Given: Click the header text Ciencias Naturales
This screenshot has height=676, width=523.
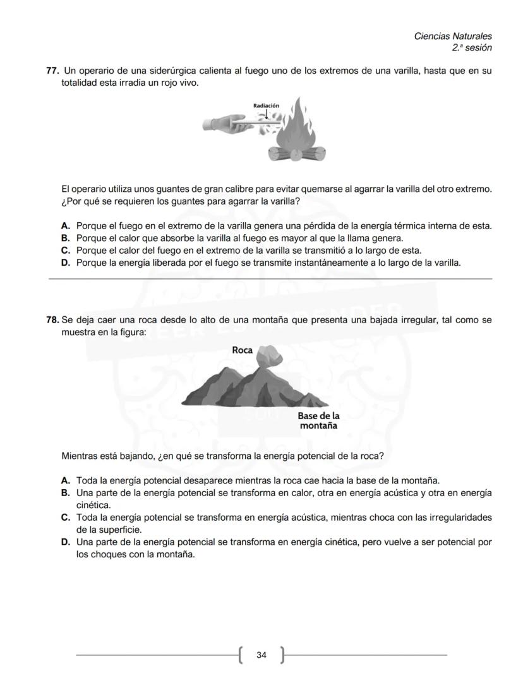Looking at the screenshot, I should pyautogui.click(x=452, y=37).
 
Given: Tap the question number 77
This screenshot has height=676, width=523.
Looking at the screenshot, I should pyautogui.click(x=52, y=71).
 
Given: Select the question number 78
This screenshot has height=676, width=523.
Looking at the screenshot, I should pyautogui.click(x=52, y=320).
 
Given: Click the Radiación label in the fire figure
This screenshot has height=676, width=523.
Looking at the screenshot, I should pyautogui.click(x=266, y=105).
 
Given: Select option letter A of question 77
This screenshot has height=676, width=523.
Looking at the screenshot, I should pyautogui.click(x=65, y=226).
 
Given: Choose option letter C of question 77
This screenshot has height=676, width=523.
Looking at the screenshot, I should pyautogui.click(x=65, y=251).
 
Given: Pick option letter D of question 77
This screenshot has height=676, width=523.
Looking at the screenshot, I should pyautogui.click(x=65, y=263).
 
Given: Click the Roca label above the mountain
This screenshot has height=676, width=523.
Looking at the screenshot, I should pyautogui.click(x=242, y=350).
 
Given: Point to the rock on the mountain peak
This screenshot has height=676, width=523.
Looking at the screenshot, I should pyautogui.click(x=270, y=357).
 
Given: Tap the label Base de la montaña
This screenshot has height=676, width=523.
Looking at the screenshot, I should pyautogui.click(x=318, y=420).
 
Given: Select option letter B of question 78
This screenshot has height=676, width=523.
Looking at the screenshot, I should pyautogui.click(x=65, y=492).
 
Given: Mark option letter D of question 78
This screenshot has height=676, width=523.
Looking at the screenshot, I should pyautogui.click(x=65, y=542).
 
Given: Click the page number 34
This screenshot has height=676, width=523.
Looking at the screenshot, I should pyautogui.click(x=261, y=655).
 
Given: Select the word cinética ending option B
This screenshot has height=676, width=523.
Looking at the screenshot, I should pyautogui.click(x=93, y=505).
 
